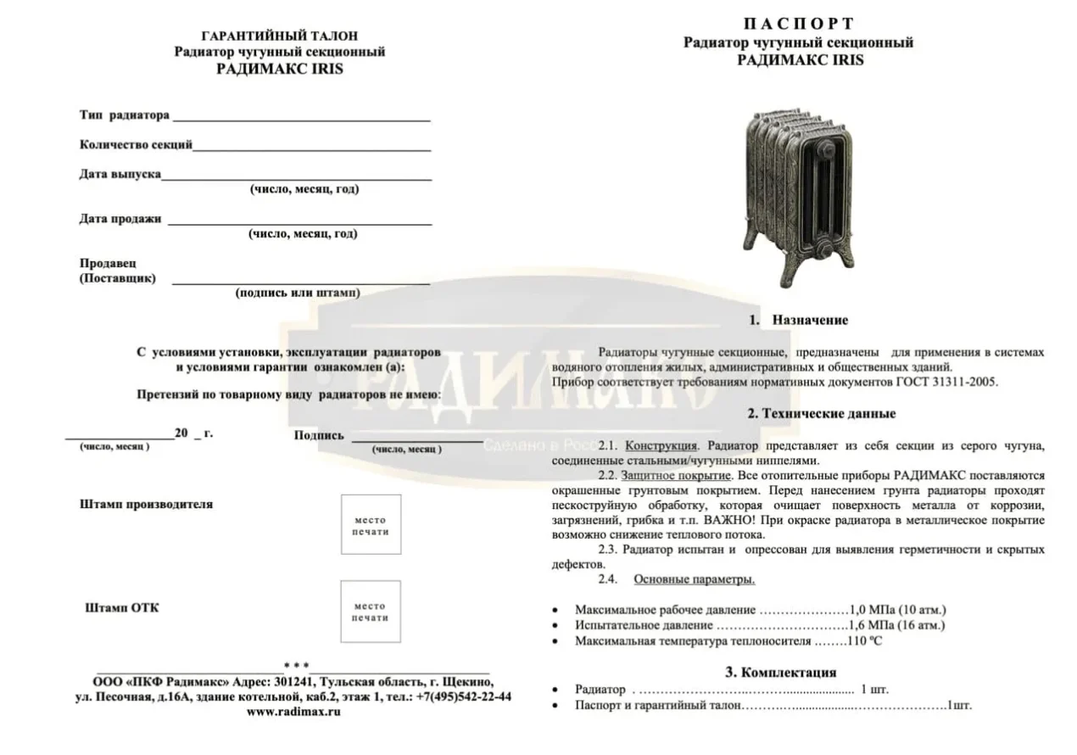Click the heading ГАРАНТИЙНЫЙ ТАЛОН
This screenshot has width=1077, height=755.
280,36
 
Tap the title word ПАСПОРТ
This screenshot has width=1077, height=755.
799,24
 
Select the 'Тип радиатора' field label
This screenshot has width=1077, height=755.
124,115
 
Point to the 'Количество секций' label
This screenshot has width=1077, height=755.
136,144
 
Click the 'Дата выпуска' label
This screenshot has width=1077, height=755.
120,174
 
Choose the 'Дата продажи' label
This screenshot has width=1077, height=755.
120,219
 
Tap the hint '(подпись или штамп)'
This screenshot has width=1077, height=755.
297,293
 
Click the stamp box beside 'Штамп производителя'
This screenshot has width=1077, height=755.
370,525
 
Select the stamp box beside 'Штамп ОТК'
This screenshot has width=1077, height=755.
370,612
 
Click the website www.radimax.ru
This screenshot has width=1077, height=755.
293,713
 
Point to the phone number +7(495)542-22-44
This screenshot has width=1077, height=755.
463,696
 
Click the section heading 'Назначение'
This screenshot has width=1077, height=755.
809,321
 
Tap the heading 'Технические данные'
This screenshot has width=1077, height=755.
821,414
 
